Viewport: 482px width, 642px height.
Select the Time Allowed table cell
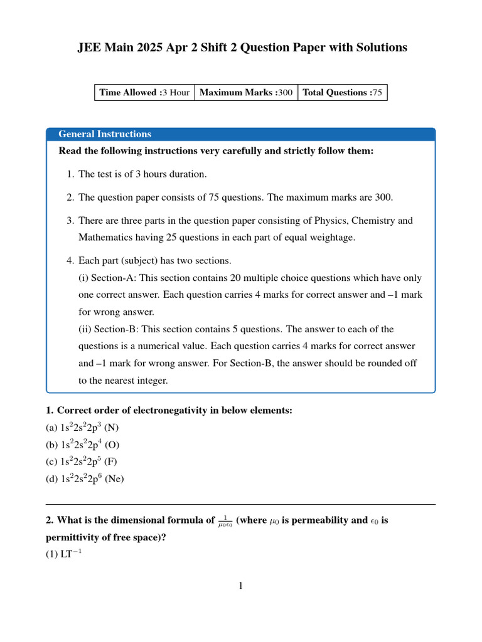pyautogui.click(x=144, y=92)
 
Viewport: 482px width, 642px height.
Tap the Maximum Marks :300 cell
pyautogui.click(x=246, y=92)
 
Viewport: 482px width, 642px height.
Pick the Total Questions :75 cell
pyautogui.click(x=342, y=92)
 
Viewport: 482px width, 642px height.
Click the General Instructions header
pyautogui.click(x=105, y=134)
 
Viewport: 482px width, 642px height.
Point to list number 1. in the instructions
pyautogui.click(x=70, y=174)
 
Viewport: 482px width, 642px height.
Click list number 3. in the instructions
pyautogui.click(x=70, y=221)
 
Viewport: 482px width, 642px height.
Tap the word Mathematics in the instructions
pyautogui.click(x=107, y=238)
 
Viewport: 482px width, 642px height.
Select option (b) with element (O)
pyautogui.click(x=83, y=445)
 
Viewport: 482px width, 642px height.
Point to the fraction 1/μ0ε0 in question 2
pyautogui.click(x=225, y=521)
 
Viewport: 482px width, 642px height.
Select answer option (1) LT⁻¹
pyautogui.click(x=61, y=554)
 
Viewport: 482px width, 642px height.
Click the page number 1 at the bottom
pyautogui.click(x=240, y=586)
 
